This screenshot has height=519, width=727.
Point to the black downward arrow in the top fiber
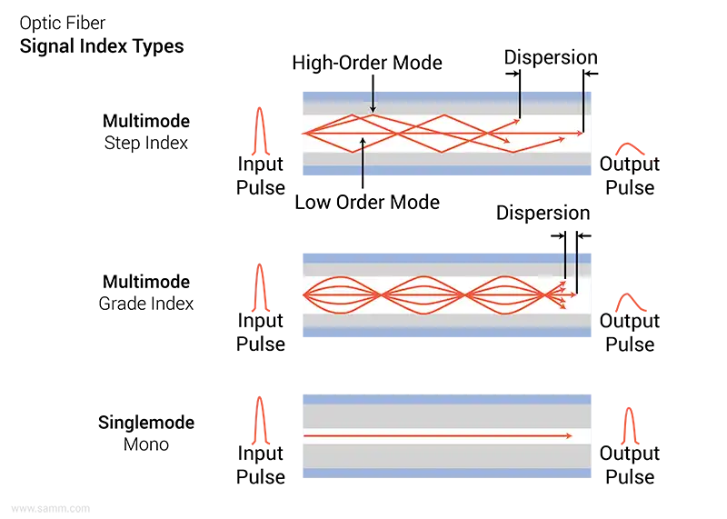tap(373, 101)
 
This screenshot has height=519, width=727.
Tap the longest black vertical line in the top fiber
tap(583, 115)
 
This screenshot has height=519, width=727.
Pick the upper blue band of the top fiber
tap(445, 94)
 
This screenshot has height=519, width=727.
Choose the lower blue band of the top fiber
tap(445, 173)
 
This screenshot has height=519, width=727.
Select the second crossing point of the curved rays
tap(466, 295)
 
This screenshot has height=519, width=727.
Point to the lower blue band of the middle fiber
tap(445, 333)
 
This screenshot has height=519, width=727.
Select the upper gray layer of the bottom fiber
tap(445, 416)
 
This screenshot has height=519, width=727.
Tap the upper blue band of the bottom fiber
tap(445, 398)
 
